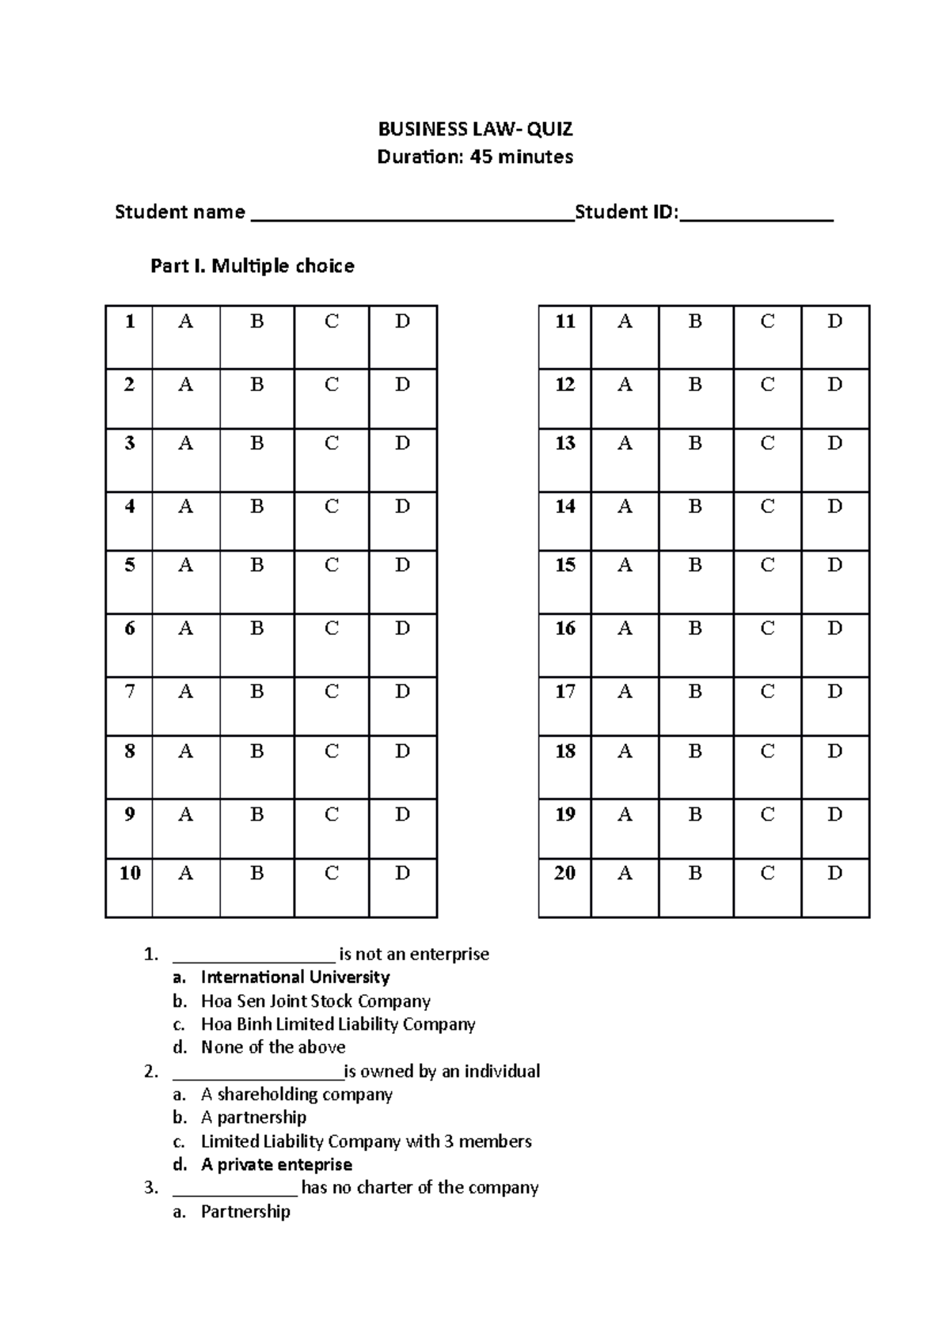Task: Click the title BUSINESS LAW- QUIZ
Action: (x=475, y=129)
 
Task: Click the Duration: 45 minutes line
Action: (x=475, y=157)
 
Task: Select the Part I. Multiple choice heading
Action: (x=252, y=266)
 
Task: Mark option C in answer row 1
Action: (x=332, y=321)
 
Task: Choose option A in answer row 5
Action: (x=185, y=565)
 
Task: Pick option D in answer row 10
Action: (x=402, y=873)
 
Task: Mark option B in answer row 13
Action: (x=695, y=443)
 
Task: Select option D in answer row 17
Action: (x=834, y=692)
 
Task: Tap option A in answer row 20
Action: (x=625, y=873)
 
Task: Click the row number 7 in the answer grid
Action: (x=130, y=692)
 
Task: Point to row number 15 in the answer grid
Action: (x=564, y=565)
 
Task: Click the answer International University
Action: (x=295, y=977)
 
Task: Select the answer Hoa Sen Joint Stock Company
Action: (x=315, y=1000)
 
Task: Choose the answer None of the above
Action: (x=273, y=1047)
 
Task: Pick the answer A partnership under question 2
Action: (x=253, y=1117)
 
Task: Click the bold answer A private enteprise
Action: (x=276, y=1164)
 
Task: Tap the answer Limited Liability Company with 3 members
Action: (x=366, y=1141)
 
